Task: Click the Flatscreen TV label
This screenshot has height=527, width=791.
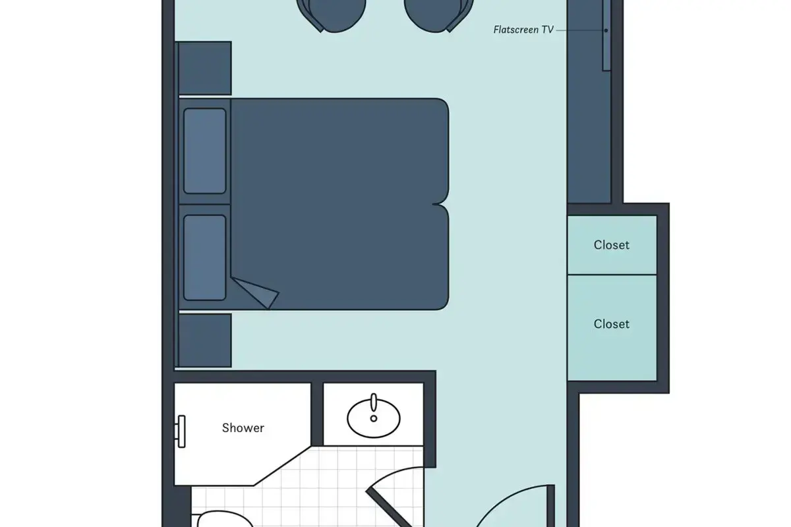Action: point(523,30)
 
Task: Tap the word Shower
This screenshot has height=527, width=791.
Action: point(243,428)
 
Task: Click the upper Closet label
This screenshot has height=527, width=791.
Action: point(611,245)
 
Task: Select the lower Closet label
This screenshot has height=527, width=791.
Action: point(611,324)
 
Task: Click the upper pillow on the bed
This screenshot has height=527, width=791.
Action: point(205,151)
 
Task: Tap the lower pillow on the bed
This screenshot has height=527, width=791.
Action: point(205,258)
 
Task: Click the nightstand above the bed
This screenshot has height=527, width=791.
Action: point(205,68)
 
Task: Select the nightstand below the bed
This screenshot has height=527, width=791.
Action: point(205,341)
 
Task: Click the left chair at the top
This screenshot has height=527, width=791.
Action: point(331,15)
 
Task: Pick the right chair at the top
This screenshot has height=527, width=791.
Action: point(438,15)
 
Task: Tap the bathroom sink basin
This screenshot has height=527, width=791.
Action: point(374,418)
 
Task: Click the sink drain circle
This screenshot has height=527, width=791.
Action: point(374,418)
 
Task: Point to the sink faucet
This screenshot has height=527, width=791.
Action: point(374,402)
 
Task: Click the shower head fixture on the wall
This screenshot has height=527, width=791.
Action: point(181,431)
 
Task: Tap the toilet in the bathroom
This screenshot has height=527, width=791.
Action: point(225,520)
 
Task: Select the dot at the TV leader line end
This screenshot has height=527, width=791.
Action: point(606,30)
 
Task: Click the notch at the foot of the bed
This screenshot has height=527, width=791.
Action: point(438,204)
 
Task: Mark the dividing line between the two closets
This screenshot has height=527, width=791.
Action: point(612,275)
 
